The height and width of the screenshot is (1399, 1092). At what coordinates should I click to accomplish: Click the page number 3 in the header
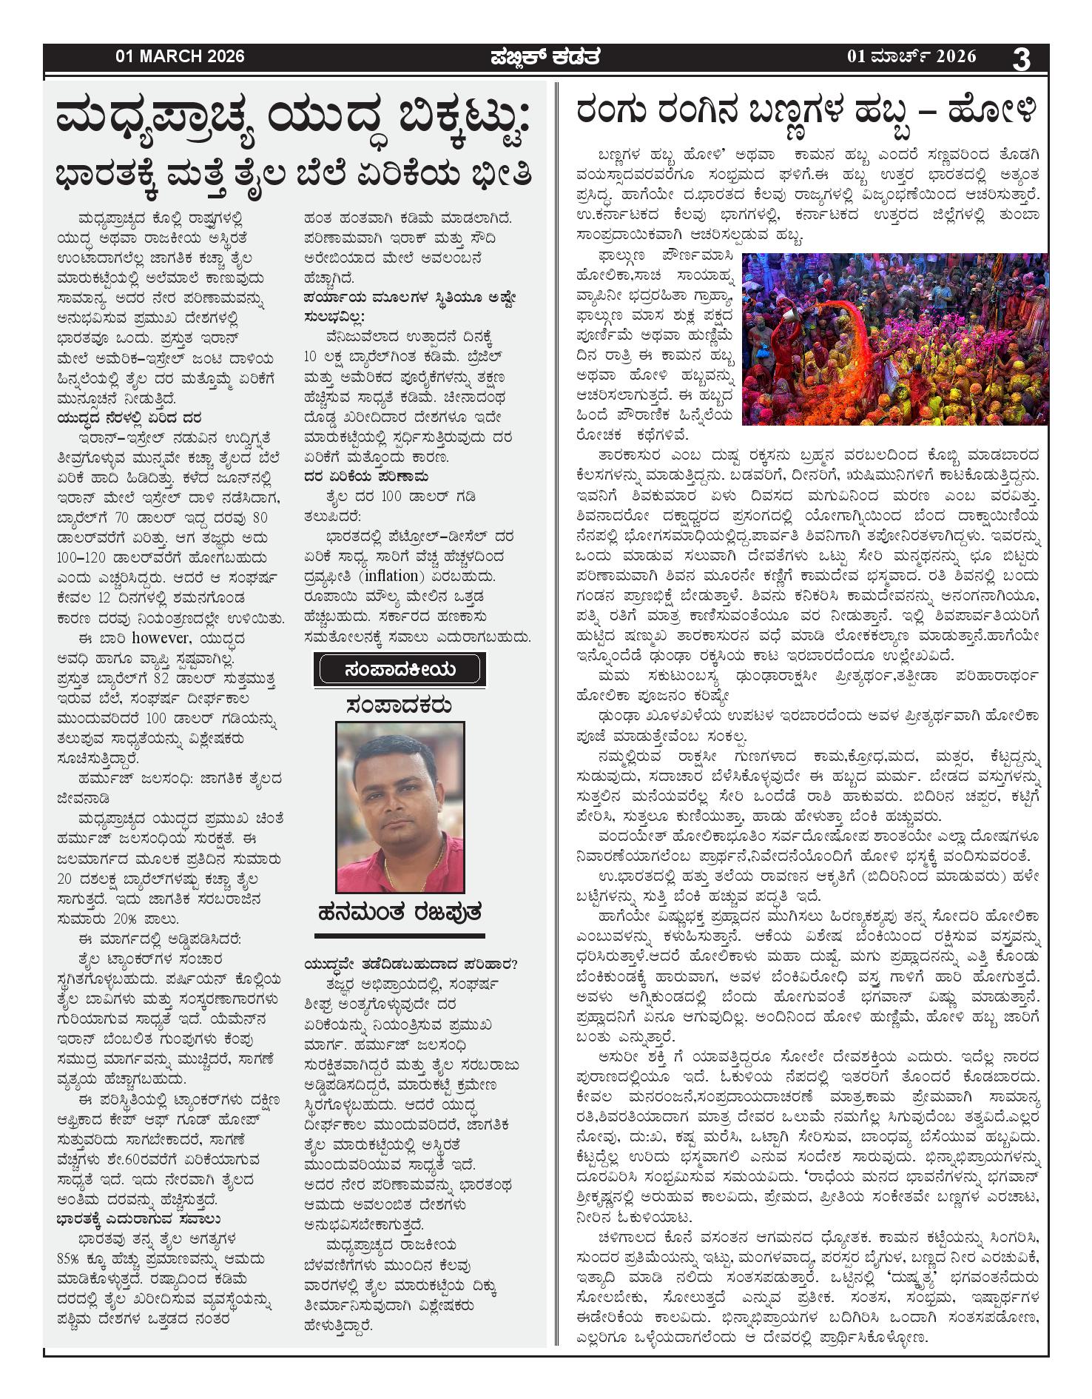[1021, 58]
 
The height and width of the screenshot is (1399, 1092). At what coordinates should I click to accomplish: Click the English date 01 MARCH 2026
[180, 56]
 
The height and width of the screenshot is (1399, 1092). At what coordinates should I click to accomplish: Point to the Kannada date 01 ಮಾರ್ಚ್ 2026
[911, 56]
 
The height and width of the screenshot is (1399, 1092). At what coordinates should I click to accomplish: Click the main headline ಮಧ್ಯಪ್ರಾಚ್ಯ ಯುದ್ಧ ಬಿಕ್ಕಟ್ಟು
[294, 121]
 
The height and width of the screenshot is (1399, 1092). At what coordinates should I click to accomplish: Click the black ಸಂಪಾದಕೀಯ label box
[400, 670]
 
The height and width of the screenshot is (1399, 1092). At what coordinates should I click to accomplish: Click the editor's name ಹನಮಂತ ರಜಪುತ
[400, 913]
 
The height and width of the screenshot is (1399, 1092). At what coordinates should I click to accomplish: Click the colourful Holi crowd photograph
[894, 338]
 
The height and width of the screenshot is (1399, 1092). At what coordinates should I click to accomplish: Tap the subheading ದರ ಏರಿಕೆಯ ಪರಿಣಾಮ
[365, 476]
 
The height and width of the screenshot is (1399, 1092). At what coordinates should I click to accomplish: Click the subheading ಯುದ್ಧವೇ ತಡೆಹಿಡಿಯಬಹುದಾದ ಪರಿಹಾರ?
[411, 964]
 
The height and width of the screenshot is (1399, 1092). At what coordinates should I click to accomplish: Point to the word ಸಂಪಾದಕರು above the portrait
[400, 705]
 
